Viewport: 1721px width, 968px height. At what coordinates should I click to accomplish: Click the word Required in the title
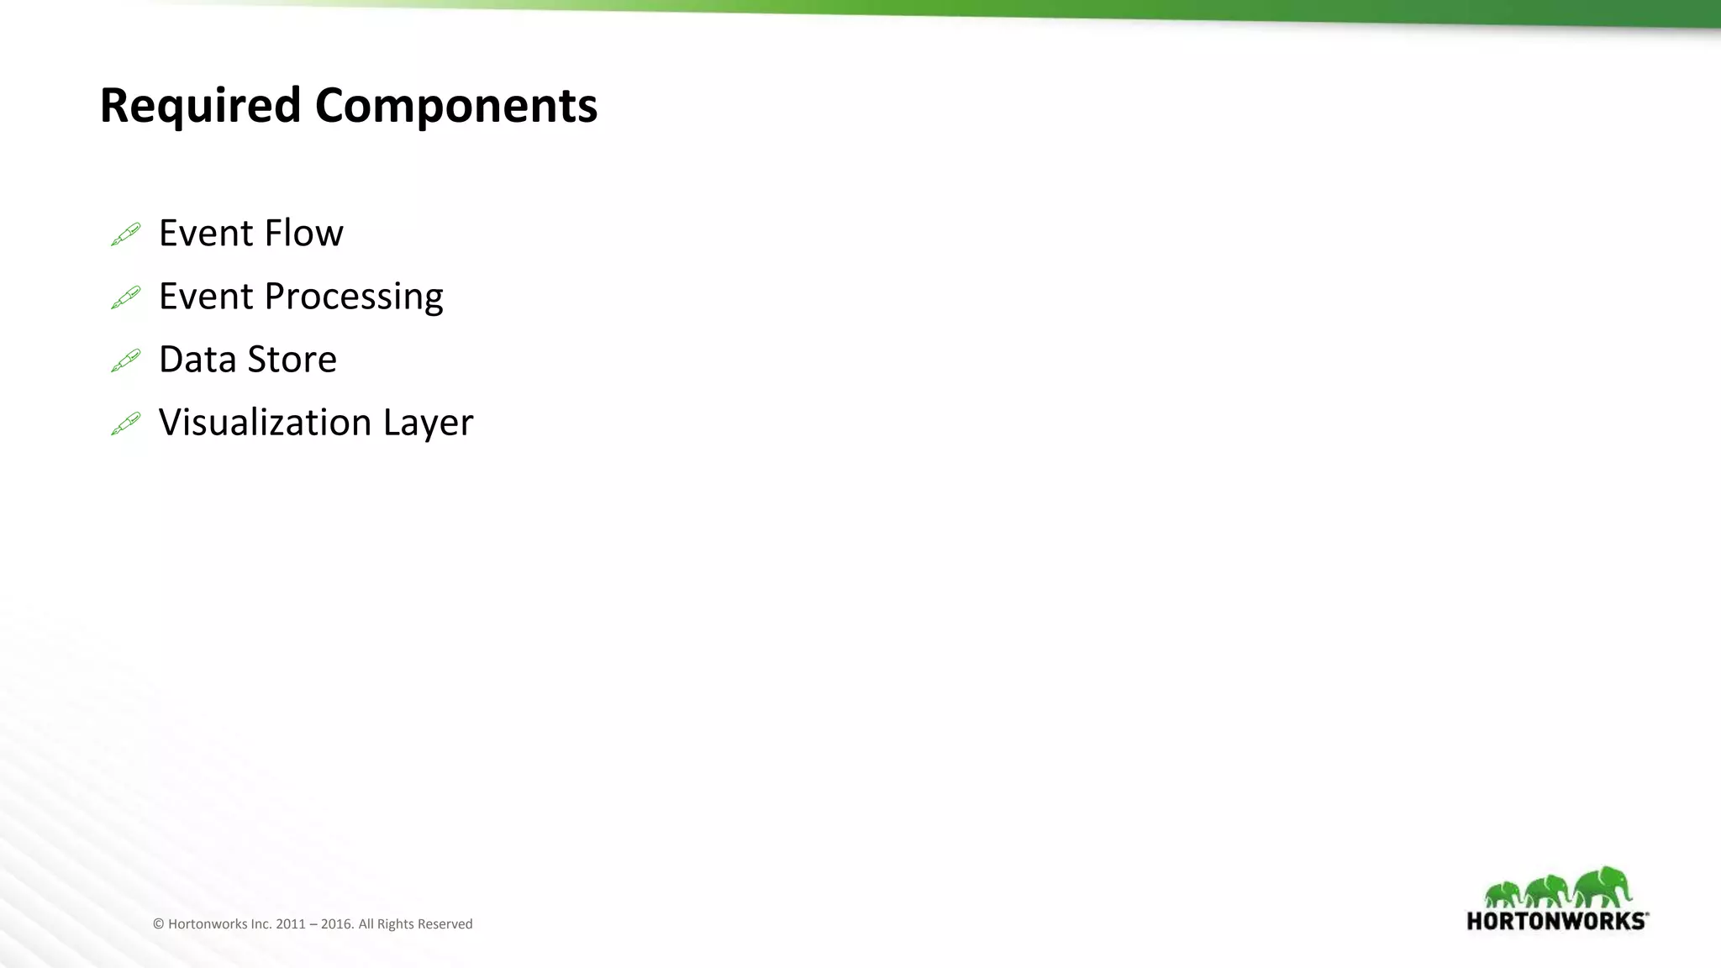[x=200, y=106]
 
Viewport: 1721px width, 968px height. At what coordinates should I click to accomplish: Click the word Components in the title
[x=455, y=106]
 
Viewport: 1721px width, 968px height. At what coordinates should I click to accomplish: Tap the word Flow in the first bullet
[x=303, y=234]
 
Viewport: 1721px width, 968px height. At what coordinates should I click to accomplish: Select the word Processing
[x=353, y=297]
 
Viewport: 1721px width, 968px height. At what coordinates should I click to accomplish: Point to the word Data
[x=197, y=360]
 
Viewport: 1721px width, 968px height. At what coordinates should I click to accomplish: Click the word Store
[x=292, y=360]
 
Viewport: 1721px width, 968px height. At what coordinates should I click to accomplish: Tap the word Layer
[x=428, y=423]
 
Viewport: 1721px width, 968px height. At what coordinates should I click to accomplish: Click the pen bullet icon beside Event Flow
[x=126, y=234]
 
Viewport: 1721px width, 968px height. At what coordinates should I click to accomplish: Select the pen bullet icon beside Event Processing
[x=126, y=297]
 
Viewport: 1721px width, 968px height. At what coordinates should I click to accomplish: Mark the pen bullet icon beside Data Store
[x=126, y=360]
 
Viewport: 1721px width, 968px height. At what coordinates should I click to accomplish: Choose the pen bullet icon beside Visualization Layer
[x=126, y=423]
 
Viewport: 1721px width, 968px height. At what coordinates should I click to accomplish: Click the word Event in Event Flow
[x=206, y=234]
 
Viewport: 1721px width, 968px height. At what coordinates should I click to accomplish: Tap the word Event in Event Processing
[x=206, y=297]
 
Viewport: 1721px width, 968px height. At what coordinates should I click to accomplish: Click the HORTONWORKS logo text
[x=1557, y=921]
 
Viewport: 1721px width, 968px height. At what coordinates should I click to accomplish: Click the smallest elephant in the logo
[x=1503, y=894]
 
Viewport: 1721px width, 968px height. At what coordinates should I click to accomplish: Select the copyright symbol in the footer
[x=158, y=924]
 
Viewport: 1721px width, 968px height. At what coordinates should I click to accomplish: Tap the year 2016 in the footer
[x=336, y=924]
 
